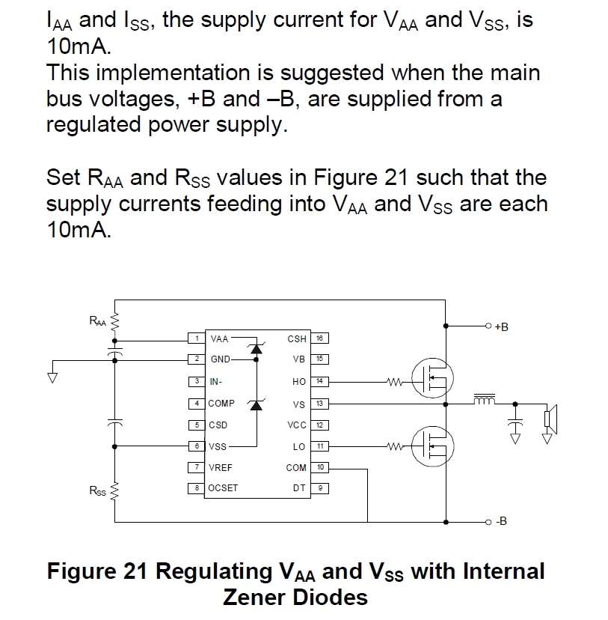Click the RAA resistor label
(x=98, y=321)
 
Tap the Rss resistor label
(x=98, y=490)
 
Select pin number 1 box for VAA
(x=197, y=338)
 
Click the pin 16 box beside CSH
(x=320, y=338)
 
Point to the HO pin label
(x=299, y=382)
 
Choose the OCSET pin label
(x=223, y=489)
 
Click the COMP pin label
(x=221, y=403)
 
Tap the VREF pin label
(x=221, y=467)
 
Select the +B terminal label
(x=501, y=326)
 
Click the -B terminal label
(x=501, y=521)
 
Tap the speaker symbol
(x=548, y=419)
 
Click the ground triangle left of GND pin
(x=52, y=377)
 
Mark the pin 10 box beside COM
(x=320, y=467)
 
